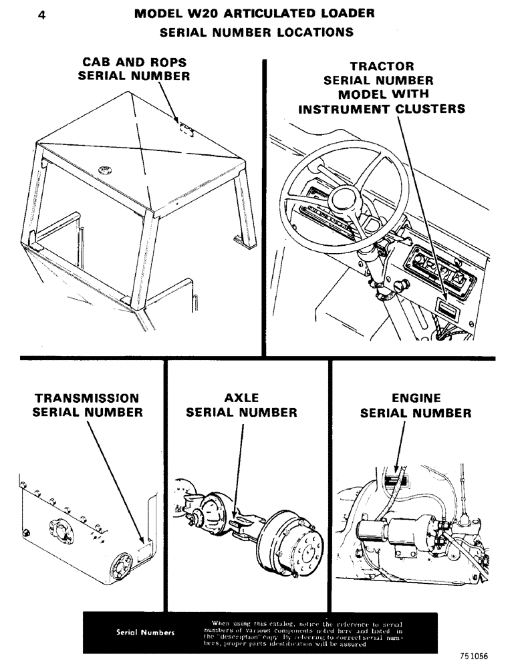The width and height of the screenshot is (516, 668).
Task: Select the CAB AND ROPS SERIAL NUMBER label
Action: (134, 69)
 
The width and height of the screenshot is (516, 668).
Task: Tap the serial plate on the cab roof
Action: (185, 128)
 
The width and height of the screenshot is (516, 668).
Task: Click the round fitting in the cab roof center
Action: (105, 170)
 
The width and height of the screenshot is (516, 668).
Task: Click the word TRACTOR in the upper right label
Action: (382, 67)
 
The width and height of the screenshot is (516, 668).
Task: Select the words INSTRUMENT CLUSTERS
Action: (382, 109)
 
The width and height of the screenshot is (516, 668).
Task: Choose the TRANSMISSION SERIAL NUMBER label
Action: (88, 405)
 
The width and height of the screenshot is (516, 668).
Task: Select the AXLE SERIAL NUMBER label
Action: (241, 405)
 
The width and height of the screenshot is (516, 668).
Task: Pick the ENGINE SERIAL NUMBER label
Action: (416, 405)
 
